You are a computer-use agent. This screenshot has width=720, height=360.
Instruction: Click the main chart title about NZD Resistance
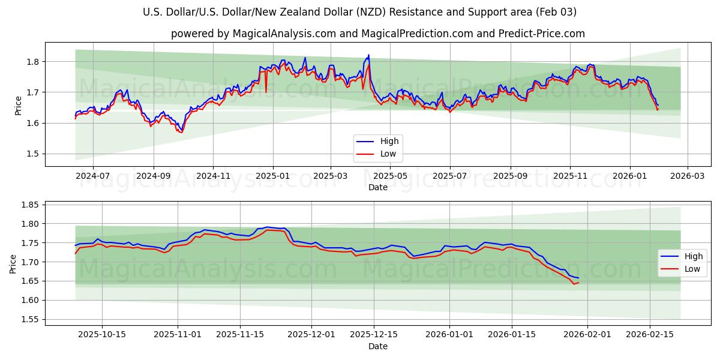pyautogui.click(x=360, y=12)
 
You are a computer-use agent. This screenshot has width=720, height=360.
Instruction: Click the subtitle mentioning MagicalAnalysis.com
pyautogui.click(x=378, y=34)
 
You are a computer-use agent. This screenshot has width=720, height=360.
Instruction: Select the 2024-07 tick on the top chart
pyautogui.click(x=93, y=176)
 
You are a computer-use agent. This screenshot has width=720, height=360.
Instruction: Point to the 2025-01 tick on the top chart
pyautogui.click(x=273, y=176)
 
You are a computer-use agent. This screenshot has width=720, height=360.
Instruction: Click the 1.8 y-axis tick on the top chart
pyautogui.click(x=32, y=62)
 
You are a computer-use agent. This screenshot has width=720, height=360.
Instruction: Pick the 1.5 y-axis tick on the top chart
pyautogui.click(x=32, y=154)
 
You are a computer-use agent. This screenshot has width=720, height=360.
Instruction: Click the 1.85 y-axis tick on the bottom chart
pyautogui.click(x=30, y=205)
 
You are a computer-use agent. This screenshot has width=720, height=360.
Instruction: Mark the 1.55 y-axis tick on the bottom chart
pyautogui.click(x=30, y=319)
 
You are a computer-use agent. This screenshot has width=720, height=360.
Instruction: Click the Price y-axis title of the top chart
pyautogui.click(x=19, y=106)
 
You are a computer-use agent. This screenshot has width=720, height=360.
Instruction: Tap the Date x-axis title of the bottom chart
pyautogui.click(x=378, y=346)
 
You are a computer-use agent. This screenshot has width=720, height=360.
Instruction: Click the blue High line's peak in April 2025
pyautogui.click(x=368, y=55)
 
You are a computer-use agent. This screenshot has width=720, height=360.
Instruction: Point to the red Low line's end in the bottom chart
pyautogui.click(x=578, y=283)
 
